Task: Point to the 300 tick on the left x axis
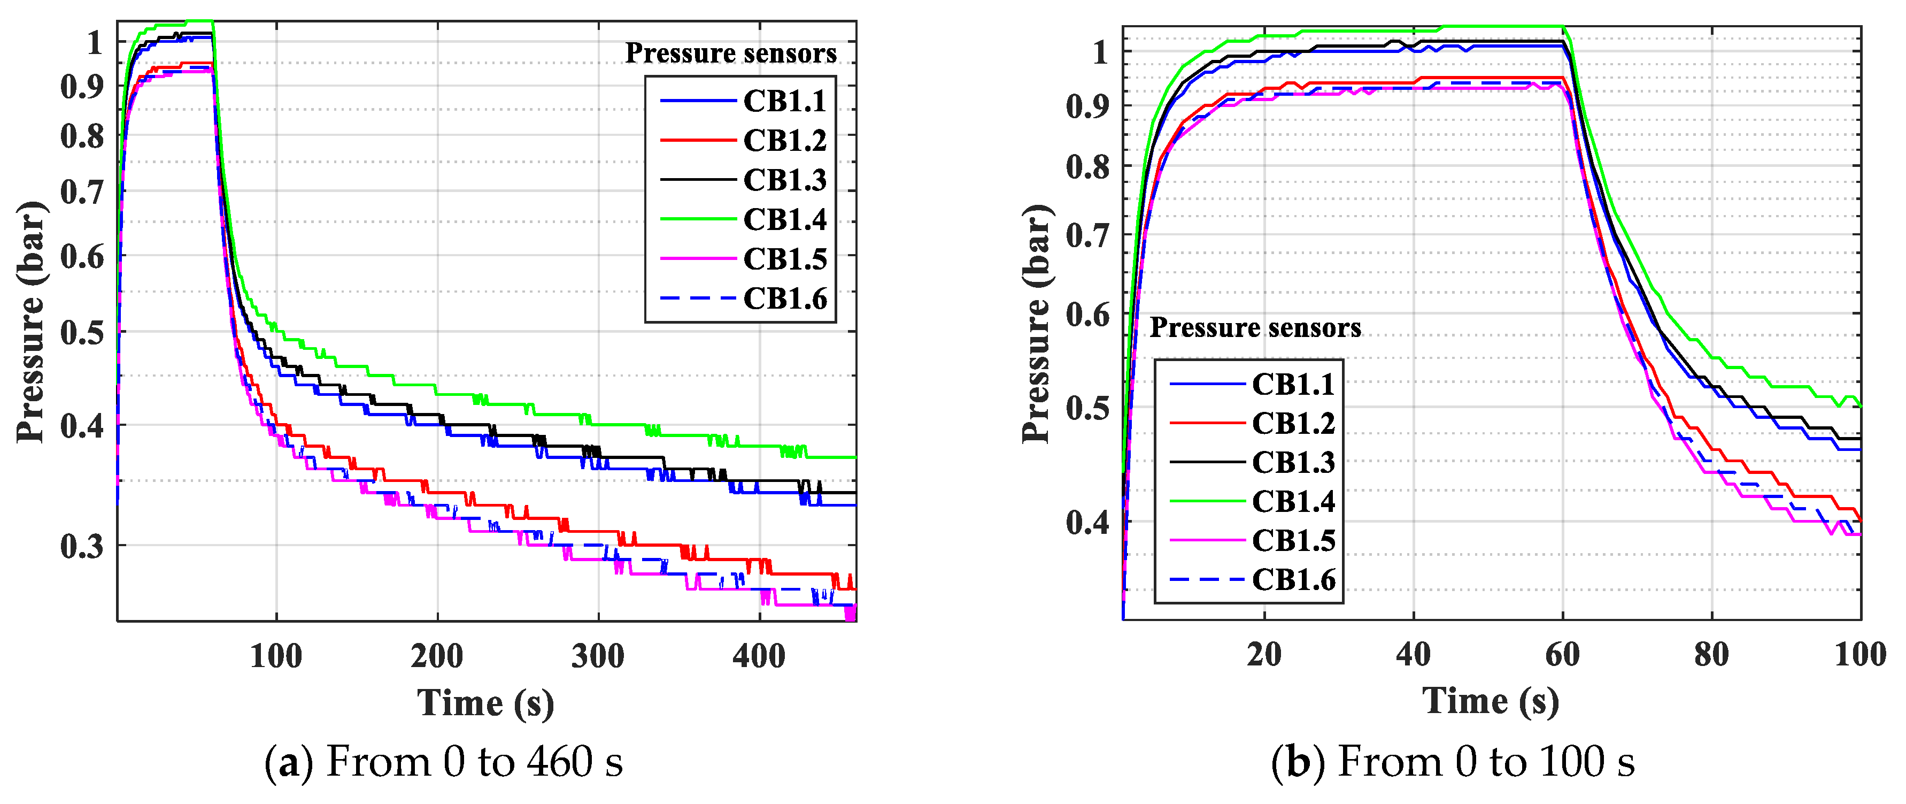coord(598,655)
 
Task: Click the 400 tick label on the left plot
coord(759,655)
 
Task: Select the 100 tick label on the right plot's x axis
coord(1859,654)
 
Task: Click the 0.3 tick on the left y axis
coord(81,546)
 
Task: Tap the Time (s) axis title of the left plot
coord(485,702)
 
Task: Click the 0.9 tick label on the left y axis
coord(81,87)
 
